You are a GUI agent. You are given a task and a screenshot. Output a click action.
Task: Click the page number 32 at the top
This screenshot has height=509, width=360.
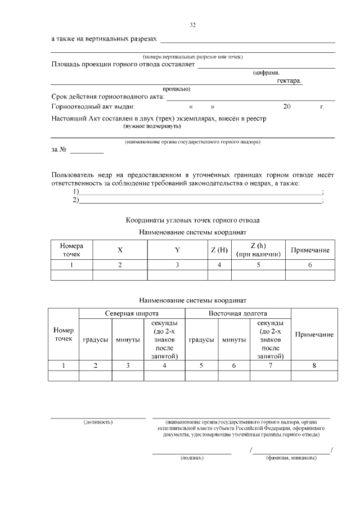[193, 25]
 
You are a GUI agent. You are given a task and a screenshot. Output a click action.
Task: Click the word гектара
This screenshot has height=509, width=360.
[289, 81]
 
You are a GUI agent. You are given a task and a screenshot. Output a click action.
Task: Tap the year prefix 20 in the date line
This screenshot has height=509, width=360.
[287, 106]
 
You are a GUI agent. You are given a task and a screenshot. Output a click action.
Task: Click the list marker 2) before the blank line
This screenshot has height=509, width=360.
[75, 200]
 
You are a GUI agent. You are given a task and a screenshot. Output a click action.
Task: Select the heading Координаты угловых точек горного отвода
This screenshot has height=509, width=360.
[193, 220]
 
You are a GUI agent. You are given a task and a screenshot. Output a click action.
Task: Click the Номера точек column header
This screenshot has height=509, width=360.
[71, 250]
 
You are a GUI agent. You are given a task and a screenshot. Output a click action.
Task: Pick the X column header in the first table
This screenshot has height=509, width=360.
[120, 250]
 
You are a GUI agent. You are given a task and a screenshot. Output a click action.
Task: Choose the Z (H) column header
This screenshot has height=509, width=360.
[219, 250]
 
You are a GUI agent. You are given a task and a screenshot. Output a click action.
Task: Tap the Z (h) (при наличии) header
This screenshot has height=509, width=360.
[258, 250]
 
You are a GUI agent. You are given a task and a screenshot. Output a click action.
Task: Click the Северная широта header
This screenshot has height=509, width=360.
[132, 313]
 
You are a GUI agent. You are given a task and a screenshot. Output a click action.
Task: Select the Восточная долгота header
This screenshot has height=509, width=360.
[237, 313]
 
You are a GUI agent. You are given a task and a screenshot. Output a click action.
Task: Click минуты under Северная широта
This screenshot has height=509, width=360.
[128, 340]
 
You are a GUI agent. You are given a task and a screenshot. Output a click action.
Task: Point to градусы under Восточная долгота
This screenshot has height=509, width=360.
[201, 340]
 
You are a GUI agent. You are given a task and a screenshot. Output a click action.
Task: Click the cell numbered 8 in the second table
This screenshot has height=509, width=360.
[314, 366]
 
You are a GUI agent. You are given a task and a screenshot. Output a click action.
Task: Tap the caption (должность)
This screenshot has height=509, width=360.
[98, 421]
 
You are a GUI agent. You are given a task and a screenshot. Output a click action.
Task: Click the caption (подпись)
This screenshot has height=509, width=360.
[192, 458]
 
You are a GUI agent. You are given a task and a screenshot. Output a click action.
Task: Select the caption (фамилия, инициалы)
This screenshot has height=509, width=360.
[291, 458]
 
